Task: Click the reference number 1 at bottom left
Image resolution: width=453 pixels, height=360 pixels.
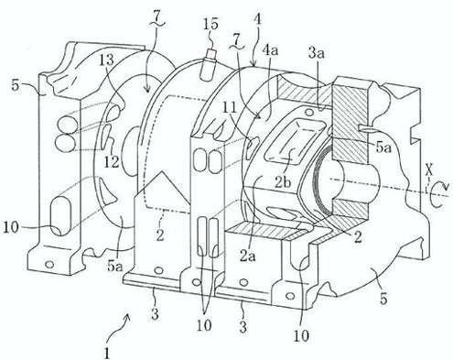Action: pyautogui.click(x=107, y=354)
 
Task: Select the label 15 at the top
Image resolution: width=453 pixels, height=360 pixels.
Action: pyautogui.click(x=211, y=24)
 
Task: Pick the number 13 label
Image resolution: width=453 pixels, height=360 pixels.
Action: pyautogui.click(x=105, y=60)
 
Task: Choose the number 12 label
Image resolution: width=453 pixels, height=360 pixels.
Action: pyautogui.click(x=111, y=162)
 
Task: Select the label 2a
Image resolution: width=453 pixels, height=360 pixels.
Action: pyautogui.click(x=247, y=256)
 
